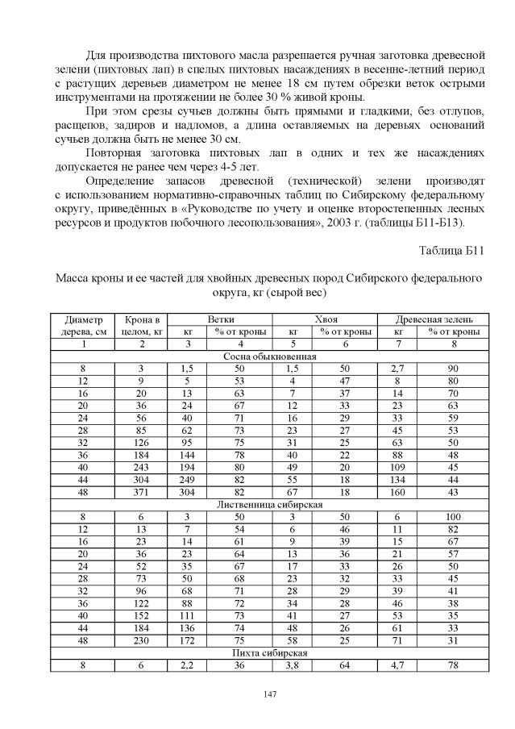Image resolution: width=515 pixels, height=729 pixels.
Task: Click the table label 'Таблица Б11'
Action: pyautogui.click(x=451, y=250)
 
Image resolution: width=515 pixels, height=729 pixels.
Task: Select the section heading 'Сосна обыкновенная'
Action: pyautogui.click(x=269, y=356)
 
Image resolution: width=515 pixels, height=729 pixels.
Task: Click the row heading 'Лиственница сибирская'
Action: pyautogui.click(x=270, y=504)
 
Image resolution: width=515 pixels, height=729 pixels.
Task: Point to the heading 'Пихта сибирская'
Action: pyautogui.click(x=270, y=652)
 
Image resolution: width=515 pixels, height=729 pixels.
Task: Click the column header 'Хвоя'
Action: pyautogui.click(x=325, y=319)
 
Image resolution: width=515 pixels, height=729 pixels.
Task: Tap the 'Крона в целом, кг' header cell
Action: pyautogui.click(x=141, y=325)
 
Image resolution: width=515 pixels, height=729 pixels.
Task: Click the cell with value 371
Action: pyautogui.click(x=141, y=492)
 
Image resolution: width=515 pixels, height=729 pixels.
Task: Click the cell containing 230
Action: pyautogui.click(x=141, y=639)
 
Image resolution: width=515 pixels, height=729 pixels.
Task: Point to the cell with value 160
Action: pyautogui.click(x=398, y=492)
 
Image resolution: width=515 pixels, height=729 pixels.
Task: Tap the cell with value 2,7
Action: pyautogui.click(x=398, y=368)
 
